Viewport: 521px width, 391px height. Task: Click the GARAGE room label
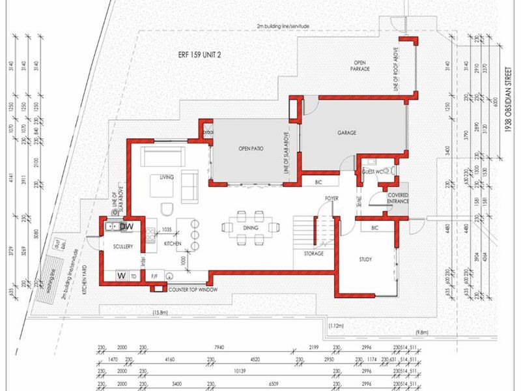(x=346, y=132)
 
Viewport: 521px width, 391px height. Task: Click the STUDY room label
(x=365, y=259)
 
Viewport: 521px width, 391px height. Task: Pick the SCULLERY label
(x=122, y=246)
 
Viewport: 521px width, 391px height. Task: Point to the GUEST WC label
(x=373, y=171)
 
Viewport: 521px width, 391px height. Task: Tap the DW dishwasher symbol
(x=127, y=226)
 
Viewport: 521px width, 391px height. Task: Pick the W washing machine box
(x=121, y=276)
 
